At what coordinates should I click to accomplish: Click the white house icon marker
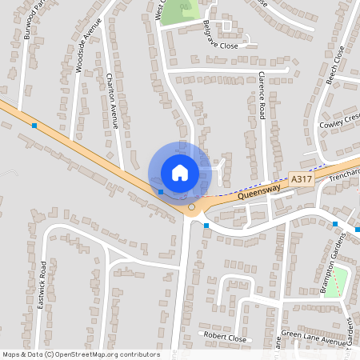[x=180, y=172]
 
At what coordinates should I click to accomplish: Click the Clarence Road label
[x=262, y=94]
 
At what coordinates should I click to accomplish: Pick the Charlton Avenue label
[x=113, y=102]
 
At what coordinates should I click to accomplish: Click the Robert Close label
[x=225, y=338]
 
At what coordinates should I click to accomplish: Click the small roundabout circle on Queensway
[x=191, y=207]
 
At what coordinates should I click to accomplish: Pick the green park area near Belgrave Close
[x=177, y=12]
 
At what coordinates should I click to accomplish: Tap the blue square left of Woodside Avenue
[x=34, y=126]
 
